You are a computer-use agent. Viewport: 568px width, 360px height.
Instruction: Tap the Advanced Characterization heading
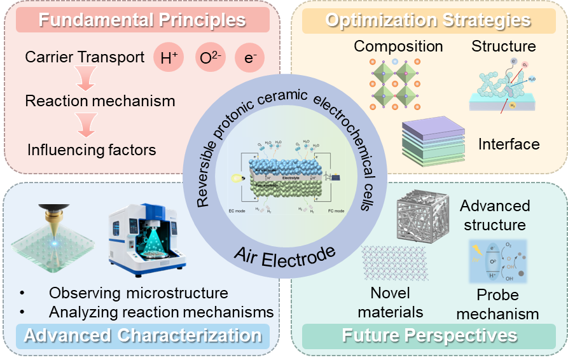point(142,335)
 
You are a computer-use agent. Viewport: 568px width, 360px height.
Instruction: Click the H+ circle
point(169,59)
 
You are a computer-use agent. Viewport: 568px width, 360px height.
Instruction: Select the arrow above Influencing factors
point(84,125)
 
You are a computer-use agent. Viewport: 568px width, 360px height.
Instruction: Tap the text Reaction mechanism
point(100,101)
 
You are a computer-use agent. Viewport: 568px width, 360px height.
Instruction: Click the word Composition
point(398,46)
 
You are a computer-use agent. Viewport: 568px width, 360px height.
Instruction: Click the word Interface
point(509,144)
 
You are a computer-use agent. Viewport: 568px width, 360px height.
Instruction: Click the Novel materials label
point(391,302)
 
